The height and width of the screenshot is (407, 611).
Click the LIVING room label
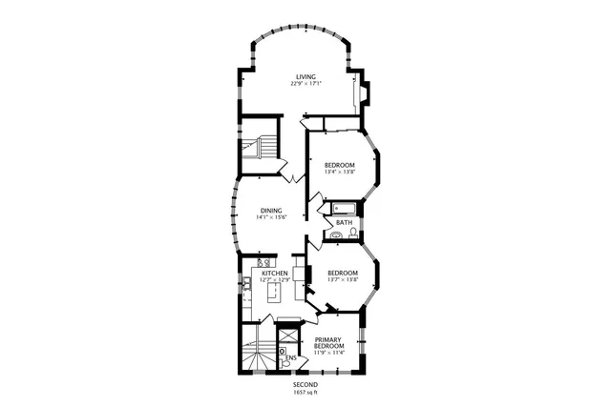pyautogui.click(x=305, y=77)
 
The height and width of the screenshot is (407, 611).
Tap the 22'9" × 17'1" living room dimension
pyautogui.click(x=306, y=85)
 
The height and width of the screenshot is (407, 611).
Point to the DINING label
pyautogui.click(x=270, y=210)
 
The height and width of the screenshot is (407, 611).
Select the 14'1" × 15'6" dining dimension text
pyautogui.click(x=271, y=217)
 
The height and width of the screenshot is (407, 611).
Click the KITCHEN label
pyautogui.click(x=276, y=274)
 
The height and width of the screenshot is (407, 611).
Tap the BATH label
pyautogui.click(x=343, y=223)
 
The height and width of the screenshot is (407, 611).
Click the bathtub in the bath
pyautogui.click(x=343, y=209)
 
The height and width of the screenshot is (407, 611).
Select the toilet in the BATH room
pyautogui.click(x=354, y=232)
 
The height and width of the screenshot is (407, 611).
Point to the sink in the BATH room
pyautogui.click(x=337, y=234)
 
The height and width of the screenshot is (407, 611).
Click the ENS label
pyautogui.click(x=290, y=358)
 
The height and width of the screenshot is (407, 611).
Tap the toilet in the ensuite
pyautogui.click(x=284, y=350)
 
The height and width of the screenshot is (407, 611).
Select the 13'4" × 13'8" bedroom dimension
pyautogui.click(x=341, y=172)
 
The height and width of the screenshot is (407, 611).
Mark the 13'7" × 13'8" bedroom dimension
pyautogui.click(x=342, y=279)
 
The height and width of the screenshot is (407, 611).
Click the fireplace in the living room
pyautogui.click(x=362, y=92)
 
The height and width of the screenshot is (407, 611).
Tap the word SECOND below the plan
pyautogui.click(x=305, y=385)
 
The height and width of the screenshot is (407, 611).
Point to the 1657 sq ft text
pyautogui.click(x=305, y=393)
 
